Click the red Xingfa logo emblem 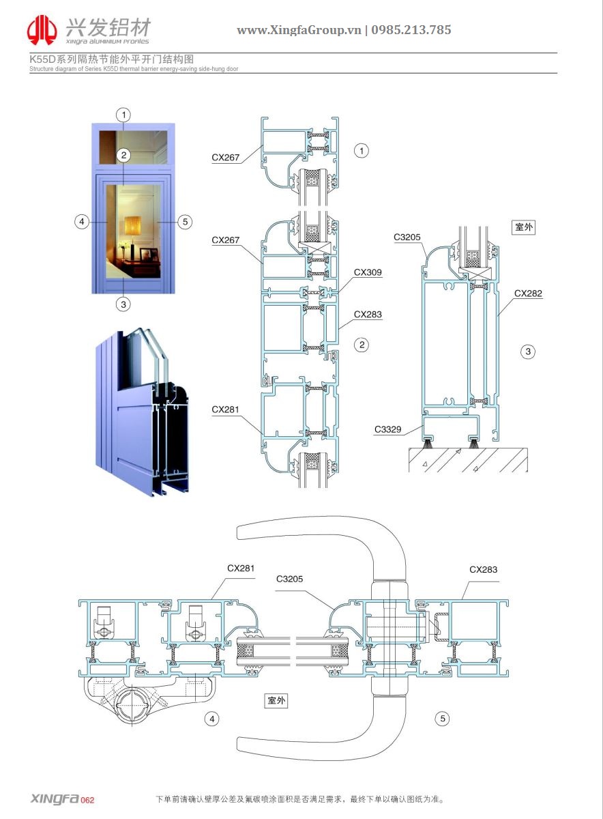click(x=42, y=30)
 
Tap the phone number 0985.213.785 click(x=411, y=30)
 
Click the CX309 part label click(x=368, y=272)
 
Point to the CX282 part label click(x=528, y=293)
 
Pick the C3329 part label click(x=387, y=430)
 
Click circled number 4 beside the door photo click(x=81, y=221)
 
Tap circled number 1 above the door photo click(x=123, y=114)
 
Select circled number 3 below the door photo click(x=123, y=304)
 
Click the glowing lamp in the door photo click(x=132, y=225)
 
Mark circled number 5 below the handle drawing click(x=443, y=718)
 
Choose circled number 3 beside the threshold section click(x=527, y=351)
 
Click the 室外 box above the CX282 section click(x=523, y=227)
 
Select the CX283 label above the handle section click(x=483, y=570)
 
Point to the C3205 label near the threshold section click(x=407, y=238)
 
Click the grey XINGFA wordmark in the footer click(x=55, y=799)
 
